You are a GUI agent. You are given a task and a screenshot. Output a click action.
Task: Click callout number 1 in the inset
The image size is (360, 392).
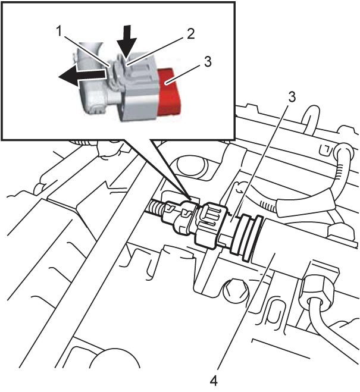[60, 32]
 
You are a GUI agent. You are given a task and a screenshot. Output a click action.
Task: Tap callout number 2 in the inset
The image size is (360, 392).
[190, 33]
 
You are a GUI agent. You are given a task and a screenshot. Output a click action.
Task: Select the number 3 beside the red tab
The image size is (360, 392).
[208, 61]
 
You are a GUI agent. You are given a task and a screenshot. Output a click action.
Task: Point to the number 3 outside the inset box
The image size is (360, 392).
[292, 96]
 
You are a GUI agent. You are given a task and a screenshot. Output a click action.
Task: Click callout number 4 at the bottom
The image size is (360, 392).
[213, 381]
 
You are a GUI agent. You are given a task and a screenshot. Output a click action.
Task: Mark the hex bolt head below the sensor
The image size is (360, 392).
[235, 291]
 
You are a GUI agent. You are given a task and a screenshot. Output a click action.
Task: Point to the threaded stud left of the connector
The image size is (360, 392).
[155, 208]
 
